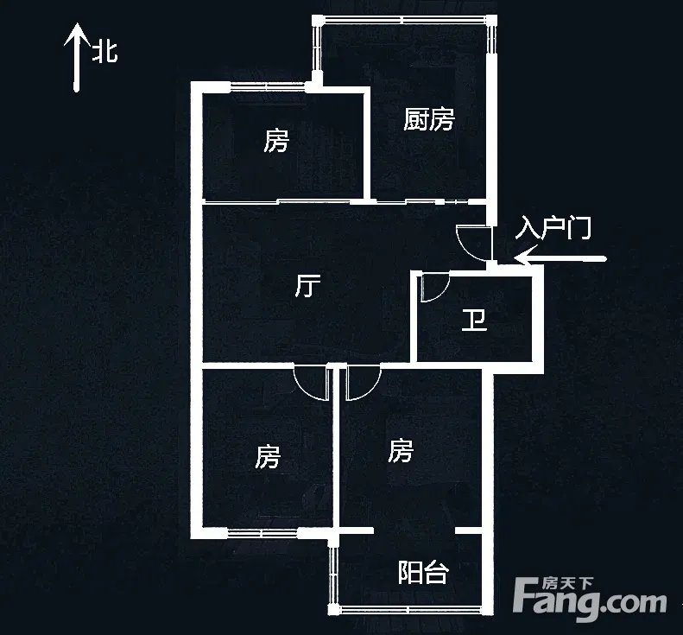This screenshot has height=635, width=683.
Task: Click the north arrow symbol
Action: click(x=77, y=57)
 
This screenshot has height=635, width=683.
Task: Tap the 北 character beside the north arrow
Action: click(x=105, y=53)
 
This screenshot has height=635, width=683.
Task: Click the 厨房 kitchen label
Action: click(x=428, y=119)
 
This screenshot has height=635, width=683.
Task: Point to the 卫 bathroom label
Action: click(x=473, y=321)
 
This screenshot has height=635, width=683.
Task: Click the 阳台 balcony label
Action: click(x=423, y=572)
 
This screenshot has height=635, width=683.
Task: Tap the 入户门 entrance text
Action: click(x=553, y=229)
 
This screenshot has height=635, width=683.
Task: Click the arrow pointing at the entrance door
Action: click(x=561, y=257)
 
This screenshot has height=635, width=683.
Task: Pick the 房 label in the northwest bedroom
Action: click(x=276, y=140)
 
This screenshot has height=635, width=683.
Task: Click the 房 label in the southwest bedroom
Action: click(x=268, y=456)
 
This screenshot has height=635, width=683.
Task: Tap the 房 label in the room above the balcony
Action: click(x=400, y=450)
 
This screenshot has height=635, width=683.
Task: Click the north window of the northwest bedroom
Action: click(x=268, y=85)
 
